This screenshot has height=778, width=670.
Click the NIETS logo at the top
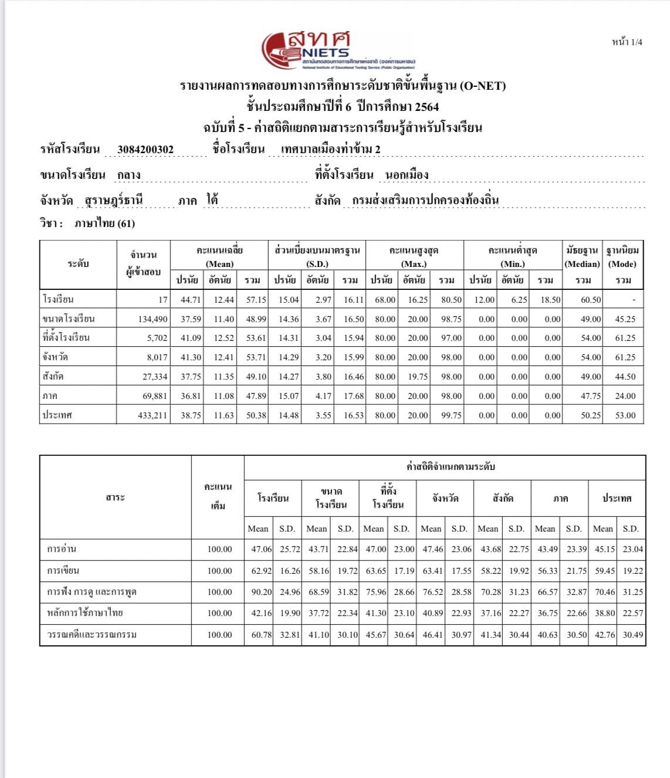point(337,50)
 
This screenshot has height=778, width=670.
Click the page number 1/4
point(627,42)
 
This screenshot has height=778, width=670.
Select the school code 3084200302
point(145,150)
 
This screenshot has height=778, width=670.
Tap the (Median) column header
point(582,264)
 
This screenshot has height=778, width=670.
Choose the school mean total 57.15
point(256,300)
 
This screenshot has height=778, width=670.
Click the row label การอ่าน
point(62,549)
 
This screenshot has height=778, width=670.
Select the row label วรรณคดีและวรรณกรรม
point(92,635)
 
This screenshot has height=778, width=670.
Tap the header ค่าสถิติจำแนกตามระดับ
point(451,467)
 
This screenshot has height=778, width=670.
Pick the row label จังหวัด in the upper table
point(55,357)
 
